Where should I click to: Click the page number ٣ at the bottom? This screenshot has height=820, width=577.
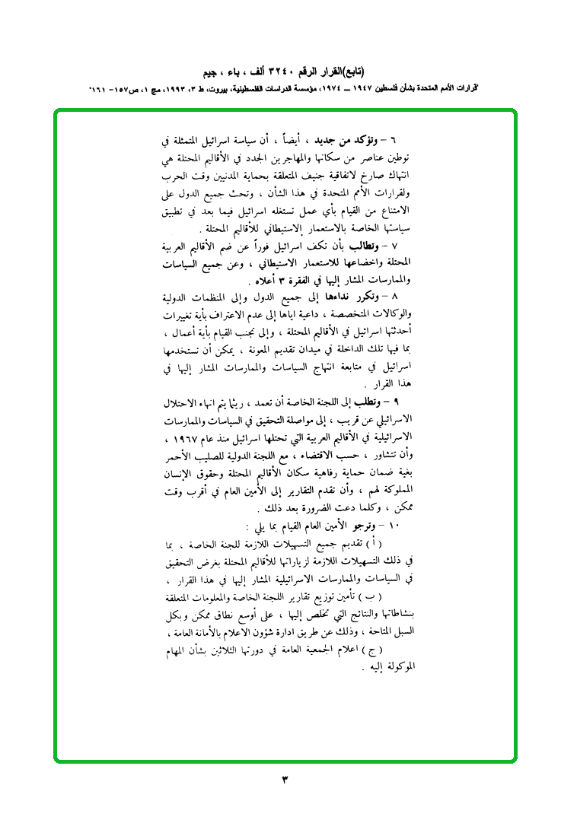285,779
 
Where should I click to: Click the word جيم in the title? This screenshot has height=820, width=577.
214,73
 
